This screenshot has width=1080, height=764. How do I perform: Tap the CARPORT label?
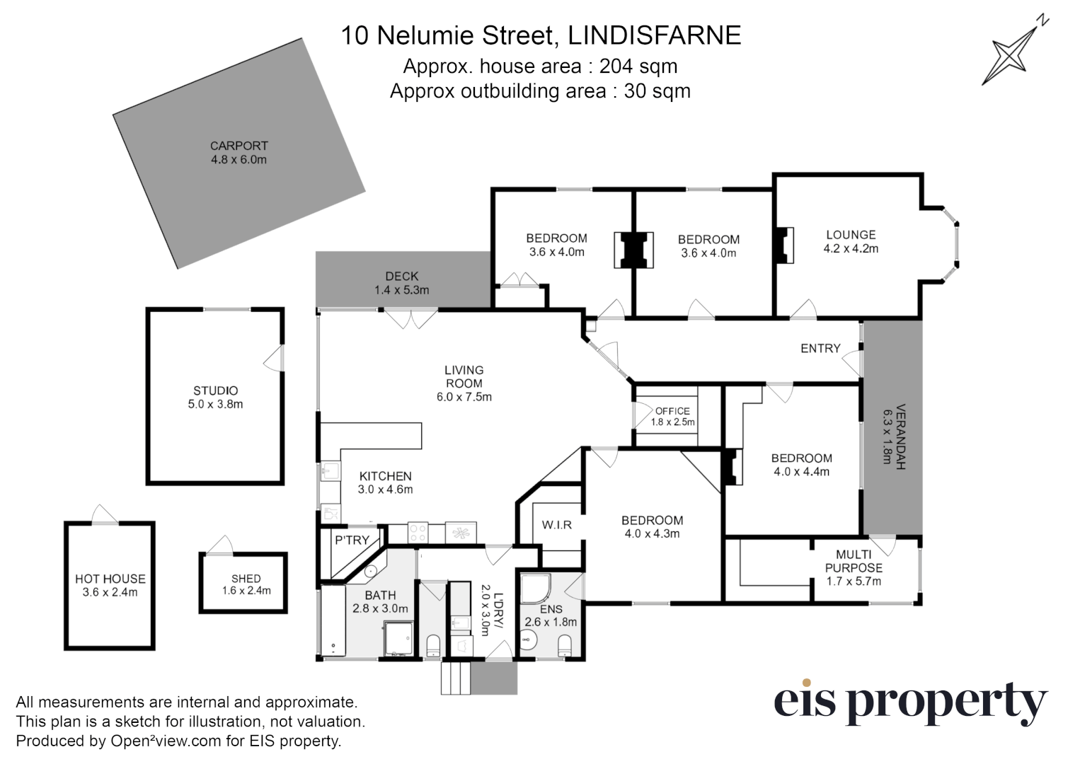239,146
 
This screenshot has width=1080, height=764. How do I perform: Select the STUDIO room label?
216,390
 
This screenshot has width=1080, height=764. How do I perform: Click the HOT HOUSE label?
110,579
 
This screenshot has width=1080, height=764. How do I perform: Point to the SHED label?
246,579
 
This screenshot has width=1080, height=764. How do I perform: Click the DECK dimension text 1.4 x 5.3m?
401,290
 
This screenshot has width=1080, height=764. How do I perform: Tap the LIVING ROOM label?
464,376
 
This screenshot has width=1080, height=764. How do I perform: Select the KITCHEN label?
385,476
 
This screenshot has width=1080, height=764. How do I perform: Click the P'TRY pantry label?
352,540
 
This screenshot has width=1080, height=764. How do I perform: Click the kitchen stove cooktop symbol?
418,532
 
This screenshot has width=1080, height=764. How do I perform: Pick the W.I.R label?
557,525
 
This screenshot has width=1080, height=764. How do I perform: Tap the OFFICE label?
672,411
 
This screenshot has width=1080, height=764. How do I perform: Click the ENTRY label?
820,348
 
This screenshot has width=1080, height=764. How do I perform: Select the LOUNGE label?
851,235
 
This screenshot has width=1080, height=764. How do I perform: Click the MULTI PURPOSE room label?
854,561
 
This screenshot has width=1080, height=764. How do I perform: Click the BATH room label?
380,596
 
